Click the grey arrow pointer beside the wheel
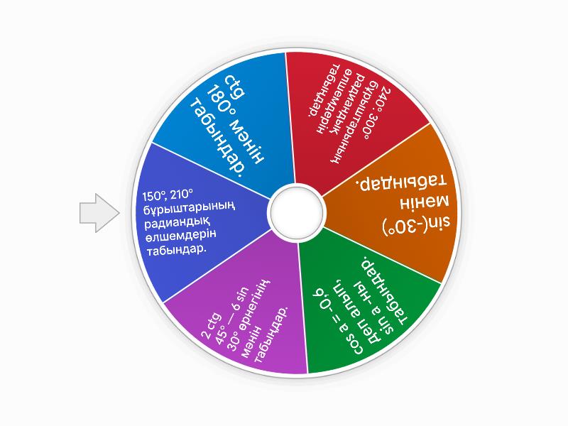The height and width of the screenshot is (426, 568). pyautogui.click(x=99, y=212)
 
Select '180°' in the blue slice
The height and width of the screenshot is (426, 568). pyautogui.click(x=219, y=98)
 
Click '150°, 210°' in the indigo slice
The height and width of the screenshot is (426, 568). pyautogui.click(x=168, y=195)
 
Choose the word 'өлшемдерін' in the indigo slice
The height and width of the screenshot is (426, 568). pyautogui.click(x=181, y=236)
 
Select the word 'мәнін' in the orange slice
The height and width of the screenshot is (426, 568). pyautogui.click(x=424, y=202)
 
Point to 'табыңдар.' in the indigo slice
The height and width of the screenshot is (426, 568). pyautogui.click(x=176, y=250)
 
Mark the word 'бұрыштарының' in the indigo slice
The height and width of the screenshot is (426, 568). pyautogui.click(x=189, y=208)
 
